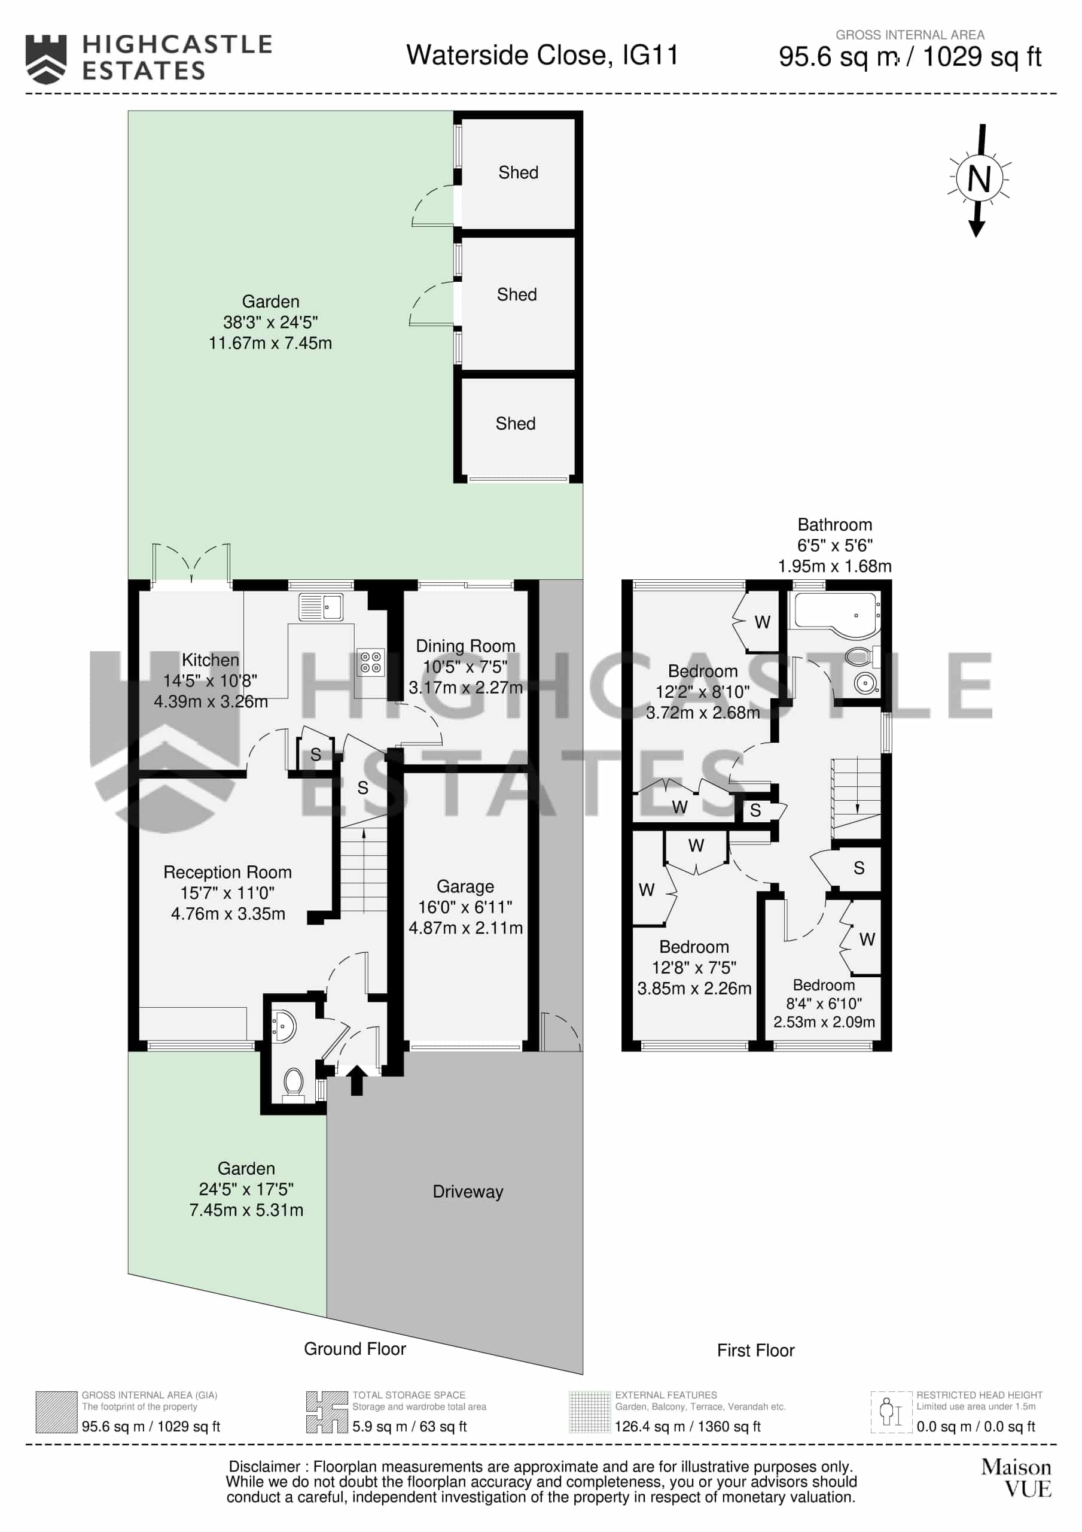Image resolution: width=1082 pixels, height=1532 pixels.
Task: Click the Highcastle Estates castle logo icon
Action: pyautogui.click(x=46, y=59)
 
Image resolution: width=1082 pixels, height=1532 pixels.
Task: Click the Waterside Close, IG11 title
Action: pyautogui.click(x=542, y=56)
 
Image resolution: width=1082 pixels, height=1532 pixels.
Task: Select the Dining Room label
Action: pyautogui.click(x=465, y=646)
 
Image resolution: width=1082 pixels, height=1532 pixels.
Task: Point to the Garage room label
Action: pyautogui.click(x=465, y=886)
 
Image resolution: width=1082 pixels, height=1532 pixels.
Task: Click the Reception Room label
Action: pyautogui.click(x=227, y=872)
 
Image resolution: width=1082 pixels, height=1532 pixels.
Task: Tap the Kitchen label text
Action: pyautogui.click(x=210, y=660)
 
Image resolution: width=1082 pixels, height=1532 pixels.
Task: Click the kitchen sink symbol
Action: pyautogui.click(x=321, y=607)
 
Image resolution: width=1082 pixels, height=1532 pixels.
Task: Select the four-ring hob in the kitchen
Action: pyautogui.click(x=371, y=662)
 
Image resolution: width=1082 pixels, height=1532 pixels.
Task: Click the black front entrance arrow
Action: pyautogui.click(x=357, y=1080)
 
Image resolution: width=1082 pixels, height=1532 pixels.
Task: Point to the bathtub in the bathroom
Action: pyautogui.click(x=834, y=611)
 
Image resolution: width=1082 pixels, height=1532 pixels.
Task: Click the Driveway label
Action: pyautogui.click(x=468, y=1191)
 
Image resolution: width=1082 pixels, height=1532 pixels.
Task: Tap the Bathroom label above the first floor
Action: pyautogui.click(x=834, y=524)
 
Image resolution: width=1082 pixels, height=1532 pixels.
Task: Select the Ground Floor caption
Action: pyautogui.click(x=355, y=1348)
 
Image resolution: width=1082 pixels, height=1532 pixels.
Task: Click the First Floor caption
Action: pyautogui.click(x=756, y=1351)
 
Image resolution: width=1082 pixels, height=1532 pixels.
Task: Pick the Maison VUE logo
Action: pyautogui.click(x=1016, y=1478)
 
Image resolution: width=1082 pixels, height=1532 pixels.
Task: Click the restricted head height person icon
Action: pyautogui.click(x=891, y=1412)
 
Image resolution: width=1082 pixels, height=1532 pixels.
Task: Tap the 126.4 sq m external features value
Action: pyautogui.click(x=688, y=1427)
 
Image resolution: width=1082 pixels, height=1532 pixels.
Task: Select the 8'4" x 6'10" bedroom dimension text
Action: pyautogui.click(x=824, y=1003)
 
